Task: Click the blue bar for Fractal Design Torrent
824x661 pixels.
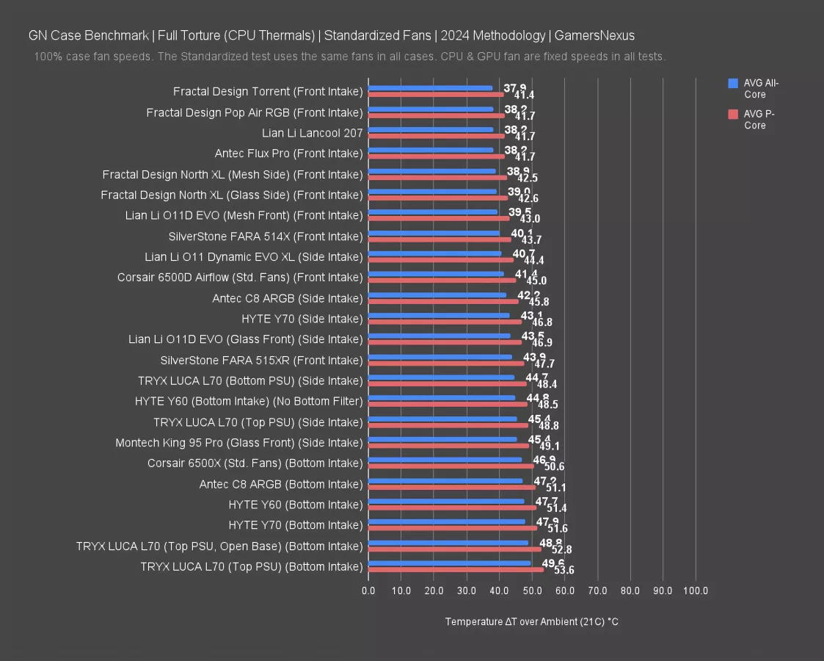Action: [x=430, y=88]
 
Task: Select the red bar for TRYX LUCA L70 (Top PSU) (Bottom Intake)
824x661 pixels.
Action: [x=456, y=569]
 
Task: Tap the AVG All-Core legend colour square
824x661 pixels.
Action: [x=732, y=83]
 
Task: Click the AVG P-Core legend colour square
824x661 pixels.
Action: [x=732, y=114]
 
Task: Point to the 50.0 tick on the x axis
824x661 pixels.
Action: [x=532, y=590]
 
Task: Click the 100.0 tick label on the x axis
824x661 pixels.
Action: [x=695, y=590]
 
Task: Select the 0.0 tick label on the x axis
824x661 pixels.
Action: [x=368, y=590]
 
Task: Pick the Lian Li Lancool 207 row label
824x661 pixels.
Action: [x=312, y=133]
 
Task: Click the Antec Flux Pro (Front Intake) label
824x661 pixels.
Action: [x=288, y=153]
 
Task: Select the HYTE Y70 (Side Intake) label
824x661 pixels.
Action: [x=302, y=319]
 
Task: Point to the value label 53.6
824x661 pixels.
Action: [x=564, y=570]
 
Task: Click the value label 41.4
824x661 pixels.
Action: [x=524, y=95]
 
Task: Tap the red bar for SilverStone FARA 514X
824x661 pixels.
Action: [x=440, y=239]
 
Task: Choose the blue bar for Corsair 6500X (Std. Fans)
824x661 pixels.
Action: [x=445, y=460]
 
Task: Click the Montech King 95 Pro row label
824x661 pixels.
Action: [x=238, y=443]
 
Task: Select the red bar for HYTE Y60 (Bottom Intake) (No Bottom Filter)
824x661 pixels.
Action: [x=448, y=404]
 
